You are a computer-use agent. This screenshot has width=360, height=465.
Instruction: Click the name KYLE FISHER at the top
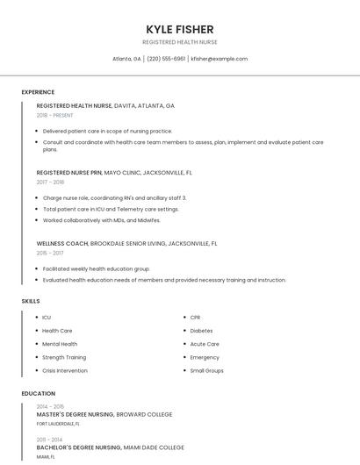(x=180, y=29)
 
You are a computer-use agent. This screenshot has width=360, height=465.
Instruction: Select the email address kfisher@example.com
(x=220, y=59)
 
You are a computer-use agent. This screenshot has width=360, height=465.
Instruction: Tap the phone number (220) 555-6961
(x=166, y=59)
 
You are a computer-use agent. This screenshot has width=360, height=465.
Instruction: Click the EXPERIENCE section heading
(x=38, y=92)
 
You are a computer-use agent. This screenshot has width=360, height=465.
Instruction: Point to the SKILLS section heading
(x=31, y=301)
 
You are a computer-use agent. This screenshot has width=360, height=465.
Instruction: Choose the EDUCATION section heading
(x=39, y=394)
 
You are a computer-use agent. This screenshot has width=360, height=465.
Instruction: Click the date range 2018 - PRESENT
(x=55, y=115)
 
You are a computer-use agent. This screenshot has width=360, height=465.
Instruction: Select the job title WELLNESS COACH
(x=62, y=243)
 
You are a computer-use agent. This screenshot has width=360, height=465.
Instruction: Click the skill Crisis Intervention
(x=65, y=370)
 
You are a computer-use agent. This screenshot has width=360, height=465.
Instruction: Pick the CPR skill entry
(x=195, y=318)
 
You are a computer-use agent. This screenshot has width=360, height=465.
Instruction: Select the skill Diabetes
(x=201, y=331)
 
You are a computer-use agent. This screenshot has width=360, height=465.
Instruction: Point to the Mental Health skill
(x=60, y=344)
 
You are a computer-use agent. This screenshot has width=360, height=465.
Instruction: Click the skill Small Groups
(x=206, y=370)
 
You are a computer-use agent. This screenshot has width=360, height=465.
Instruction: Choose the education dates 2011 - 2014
(x=50, y=439)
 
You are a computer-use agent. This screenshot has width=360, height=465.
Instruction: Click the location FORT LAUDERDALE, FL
(x=58, y=424)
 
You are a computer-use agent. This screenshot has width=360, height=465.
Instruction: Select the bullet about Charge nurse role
(x=114, y=198)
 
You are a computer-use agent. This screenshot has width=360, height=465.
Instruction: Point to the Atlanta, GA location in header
(x=127, y=59)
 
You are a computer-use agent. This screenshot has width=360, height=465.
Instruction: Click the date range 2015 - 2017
(x=50, y=253)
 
